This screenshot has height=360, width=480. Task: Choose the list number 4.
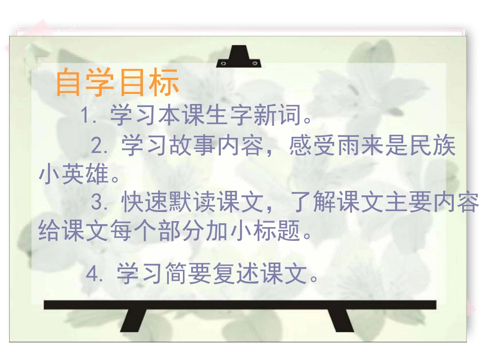pyautogui.click(x=94, y=275)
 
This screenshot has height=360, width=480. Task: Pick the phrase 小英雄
pyautogui.click(x=74, y=175)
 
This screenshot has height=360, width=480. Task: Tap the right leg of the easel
pyautogui.click(x=341, y=320)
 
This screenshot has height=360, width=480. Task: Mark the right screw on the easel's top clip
pyautogui.click(x=255, y=63)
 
